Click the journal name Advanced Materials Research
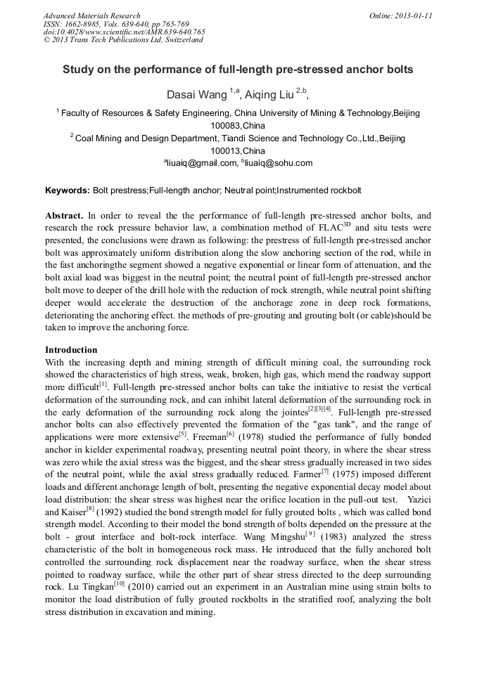pyautogui.click(x=91, y=15)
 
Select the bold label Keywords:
pyautogui.click(x=68, y=190)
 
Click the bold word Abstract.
pyautogui.click(x=64, y=216)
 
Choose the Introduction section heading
pyautogui.click(x=71, y=350)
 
